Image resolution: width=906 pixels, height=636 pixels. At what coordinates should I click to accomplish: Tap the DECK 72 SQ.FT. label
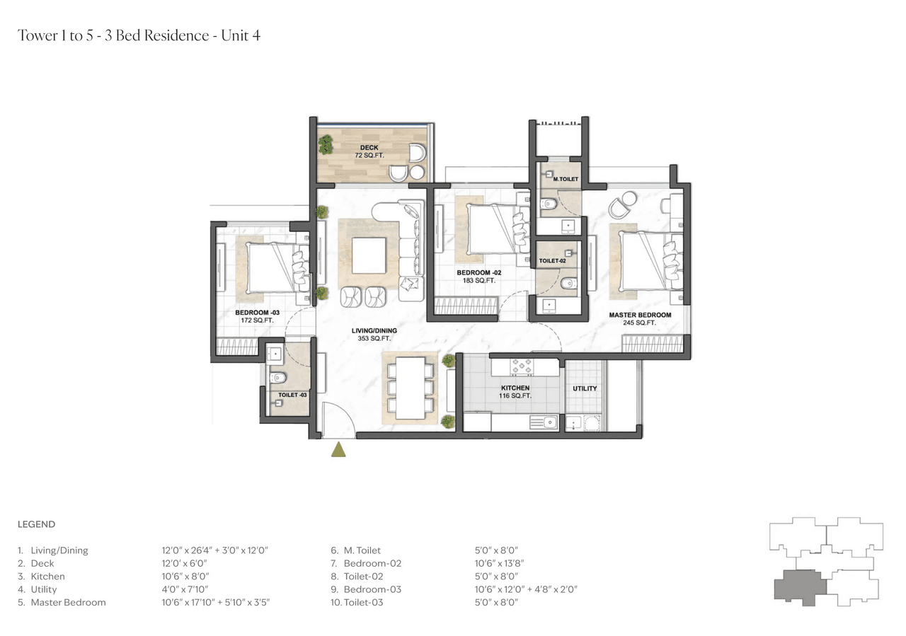tap(369, 151)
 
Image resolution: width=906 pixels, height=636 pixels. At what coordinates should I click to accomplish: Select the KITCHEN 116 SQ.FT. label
tap(515, 392)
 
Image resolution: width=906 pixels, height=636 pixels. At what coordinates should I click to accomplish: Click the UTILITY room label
tap(585, 388)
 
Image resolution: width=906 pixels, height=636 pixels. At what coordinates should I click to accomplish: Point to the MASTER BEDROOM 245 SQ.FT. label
tap(640, 318)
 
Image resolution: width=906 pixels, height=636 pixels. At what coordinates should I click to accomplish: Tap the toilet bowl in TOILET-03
tap(278, 377)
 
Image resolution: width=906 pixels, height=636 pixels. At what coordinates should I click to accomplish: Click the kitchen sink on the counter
tap(548, 423)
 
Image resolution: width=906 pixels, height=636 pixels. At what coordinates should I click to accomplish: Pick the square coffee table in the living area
tap(369, 255)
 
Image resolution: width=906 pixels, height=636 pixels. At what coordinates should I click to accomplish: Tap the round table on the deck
tap(417, 173)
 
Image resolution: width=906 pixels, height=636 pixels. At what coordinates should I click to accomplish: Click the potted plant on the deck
tap(326, 144)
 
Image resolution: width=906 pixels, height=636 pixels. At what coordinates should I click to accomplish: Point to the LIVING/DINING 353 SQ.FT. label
tap(374, 335)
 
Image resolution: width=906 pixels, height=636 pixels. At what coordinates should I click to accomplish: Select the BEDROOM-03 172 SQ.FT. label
tap(258, 316)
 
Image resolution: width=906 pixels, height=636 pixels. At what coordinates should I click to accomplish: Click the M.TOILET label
tap(566, 180)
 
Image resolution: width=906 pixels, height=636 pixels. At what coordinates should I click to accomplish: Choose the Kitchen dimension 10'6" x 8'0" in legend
tap(185, 577)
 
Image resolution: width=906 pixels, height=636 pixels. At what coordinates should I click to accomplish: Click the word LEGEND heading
tap(36, 524)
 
